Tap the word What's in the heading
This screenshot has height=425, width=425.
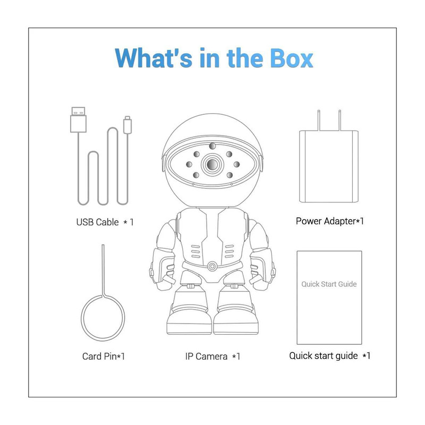(x=154, y=58)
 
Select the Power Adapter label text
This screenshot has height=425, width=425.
(x=329, y=221)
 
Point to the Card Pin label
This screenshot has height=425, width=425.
(x=104, y=356)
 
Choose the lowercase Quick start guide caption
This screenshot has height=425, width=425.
(x=329, y=355)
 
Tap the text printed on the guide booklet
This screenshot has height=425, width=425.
(x=329, y=284)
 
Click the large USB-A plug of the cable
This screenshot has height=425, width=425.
(x=78, y=120)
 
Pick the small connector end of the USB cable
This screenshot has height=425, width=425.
(x=127, y=125)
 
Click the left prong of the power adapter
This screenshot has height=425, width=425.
(x=319, y=121)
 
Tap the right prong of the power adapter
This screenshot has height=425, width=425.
(x=339, y=121)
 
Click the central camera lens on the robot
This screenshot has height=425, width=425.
(x=212, y=164)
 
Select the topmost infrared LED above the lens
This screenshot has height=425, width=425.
(x=212, y=146)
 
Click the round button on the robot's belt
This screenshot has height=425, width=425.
(x=212, y=267)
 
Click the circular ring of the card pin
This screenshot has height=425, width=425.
(x=81, y=318)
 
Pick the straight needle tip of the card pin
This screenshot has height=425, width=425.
(x=103, y=245)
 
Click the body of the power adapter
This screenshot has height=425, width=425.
(x=329, y=166)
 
